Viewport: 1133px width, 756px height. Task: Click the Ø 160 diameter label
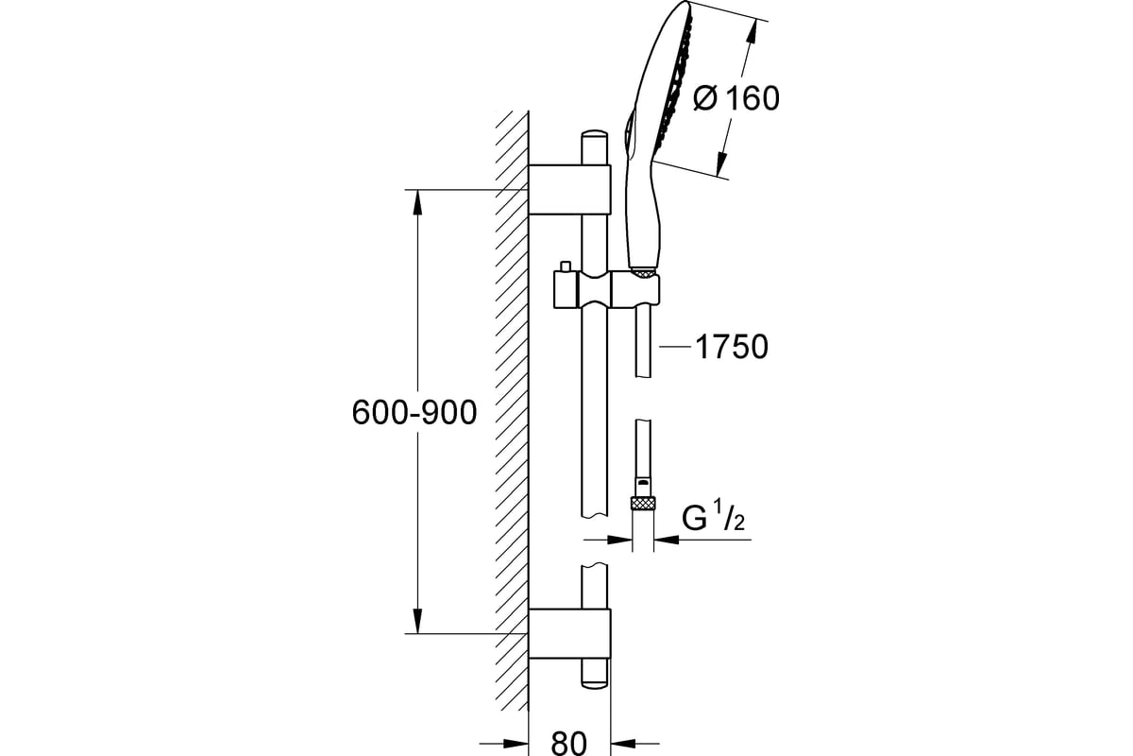[736, 98]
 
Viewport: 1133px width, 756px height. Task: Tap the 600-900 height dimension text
[414, 413]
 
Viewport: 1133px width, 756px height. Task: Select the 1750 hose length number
[732, 347]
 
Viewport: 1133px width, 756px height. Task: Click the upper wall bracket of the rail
[569, 189]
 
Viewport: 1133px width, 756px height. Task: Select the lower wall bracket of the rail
[569, 633]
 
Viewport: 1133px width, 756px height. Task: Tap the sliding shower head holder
[606, 289]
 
